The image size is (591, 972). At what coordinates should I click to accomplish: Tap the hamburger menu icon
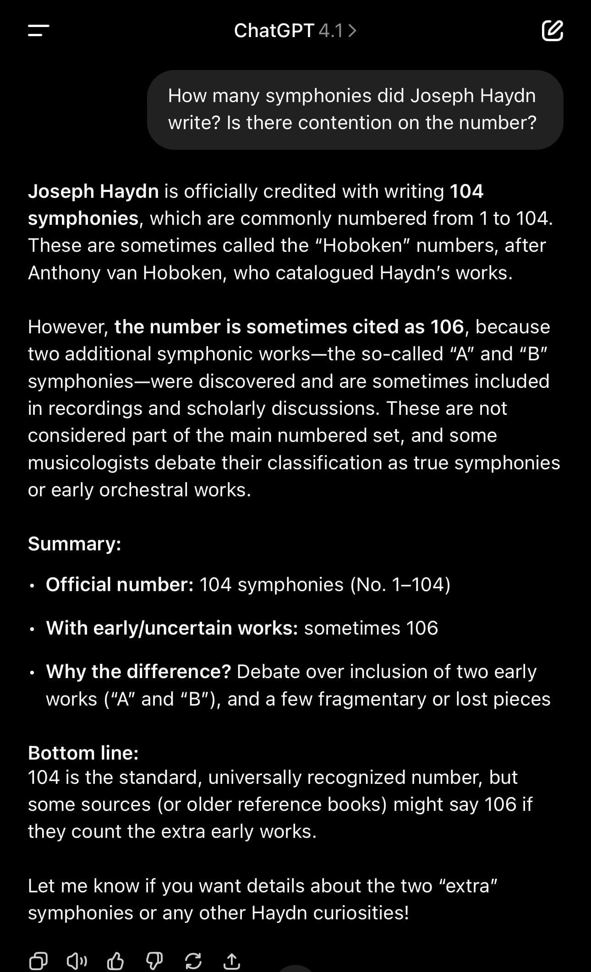point(38,31)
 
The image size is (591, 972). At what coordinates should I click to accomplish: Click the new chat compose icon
point(552,31)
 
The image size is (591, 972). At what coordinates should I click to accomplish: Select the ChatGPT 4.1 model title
point(295,31)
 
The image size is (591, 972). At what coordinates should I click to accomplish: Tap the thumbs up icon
point(115,961)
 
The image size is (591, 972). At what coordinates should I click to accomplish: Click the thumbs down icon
point(154,961)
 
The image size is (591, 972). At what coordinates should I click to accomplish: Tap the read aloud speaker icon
point(77,961)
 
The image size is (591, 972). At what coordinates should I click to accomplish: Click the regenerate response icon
point(193,961)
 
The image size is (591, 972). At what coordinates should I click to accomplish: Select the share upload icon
point(232,961)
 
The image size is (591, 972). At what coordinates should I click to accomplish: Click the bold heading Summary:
point(75,544)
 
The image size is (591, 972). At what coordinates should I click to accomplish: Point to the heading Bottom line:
point(83,753)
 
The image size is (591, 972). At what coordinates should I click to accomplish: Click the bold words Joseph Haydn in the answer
point(93,191)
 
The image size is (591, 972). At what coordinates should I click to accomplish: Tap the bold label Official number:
point(120,585)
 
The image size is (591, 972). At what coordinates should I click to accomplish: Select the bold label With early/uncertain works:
point(172,628)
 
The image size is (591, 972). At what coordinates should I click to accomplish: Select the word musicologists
point(88,463)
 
